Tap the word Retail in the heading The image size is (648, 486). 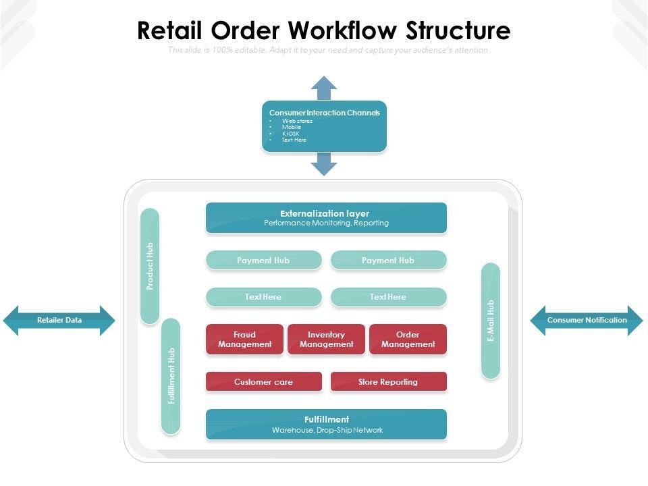pyautogui.click(x=171, y=31)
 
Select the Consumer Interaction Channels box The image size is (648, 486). pyautogui.click(x=324, y=126)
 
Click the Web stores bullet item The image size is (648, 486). pyautogui.click(x=297, y=121)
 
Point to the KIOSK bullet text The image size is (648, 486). pyautogui.click(x=290, y=134)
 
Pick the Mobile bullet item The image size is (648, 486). pyautogui.click(x=292, y=127)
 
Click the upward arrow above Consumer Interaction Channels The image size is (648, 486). pyautogui.click(x=324, y=87)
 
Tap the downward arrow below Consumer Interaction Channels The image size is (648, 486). pyautogui.click(x=324, y=164)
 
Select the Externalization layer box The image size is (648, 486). pyautogui.click(x=326, y=218)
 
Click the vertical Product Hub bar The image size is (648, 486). pyautogui.click(x=150, y=266)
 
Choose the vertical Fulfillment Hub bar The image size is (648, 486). pyautogui.click(x=171, y=375)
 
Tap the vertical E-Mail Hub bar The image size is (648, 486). pyautogui.click(x=491, y=320)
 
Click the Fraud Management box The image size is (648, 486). pyautogui.click(x=244, y=339)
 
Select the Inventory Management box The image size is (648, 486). pyautogui.click(x=326, y=339)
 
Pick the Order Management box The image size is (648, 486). pyautogui.click(x=408, y=339)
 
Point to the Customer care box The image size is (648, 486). pyautogui.click(x=263, y=381)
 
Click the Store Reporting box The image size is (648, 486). pyautogui.click(x=388, y=381)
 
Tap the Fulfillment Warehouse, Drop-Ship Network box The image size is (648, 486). pyautogui.click(x=326, y=424)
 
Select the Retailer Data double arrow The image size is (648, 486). pyautogui.click(x=59, y=321)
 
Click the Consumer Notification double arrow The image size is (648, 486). pyautogui.click(x=587, y=321)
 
